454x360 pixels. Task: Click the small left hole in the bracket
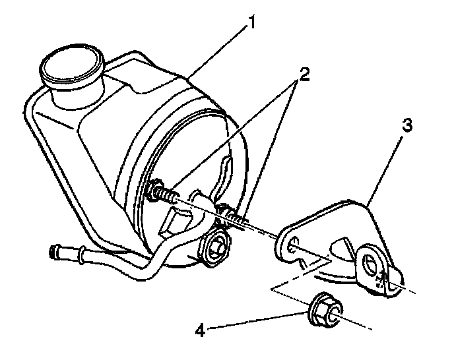click(x=291, y=241)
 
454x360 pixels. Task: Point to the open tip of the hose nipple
click(x=53, y=251)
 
